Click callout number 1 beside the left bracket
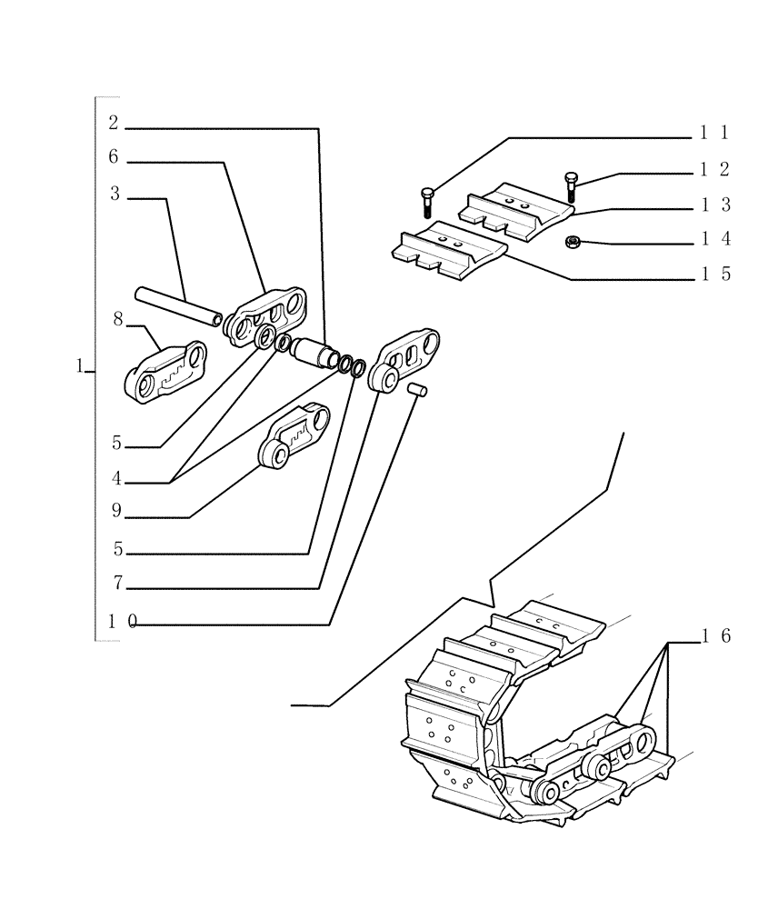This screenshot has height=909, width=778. tap(80, 366)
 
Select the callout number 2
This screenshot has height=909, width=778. tap(114, 123)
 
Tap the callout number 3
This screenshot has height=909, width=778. tap(115, 194)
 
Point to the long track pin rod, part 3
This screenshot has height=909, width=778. tap(178, 305)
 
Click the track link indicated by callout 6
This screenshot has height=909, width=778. tap(270, 314)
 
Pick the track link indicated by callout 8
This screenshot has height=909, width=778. tap(165, 372)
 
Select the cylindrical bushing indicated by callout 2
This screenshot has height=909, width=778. tap(315, 351)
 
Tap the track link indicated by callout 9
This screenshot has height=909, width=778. tap(294, 436)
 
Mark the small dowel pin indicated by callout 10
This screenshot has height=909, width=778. tap(418, 389)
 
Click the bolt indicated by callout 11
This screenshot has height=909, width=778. tap(428, 201)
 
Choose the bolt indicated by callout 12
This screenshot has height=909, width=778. tap(571, 185)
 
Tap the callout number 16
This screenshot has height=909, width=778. tap(715, 637)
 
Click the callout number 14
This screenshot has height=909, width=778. tap(714, 240)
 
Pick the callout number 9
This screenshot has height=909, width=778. tap(115, 511)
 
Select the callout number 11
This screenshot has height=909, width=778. tap(714, 133)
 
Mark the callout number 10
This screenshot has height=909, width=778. tap(122, 622)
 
